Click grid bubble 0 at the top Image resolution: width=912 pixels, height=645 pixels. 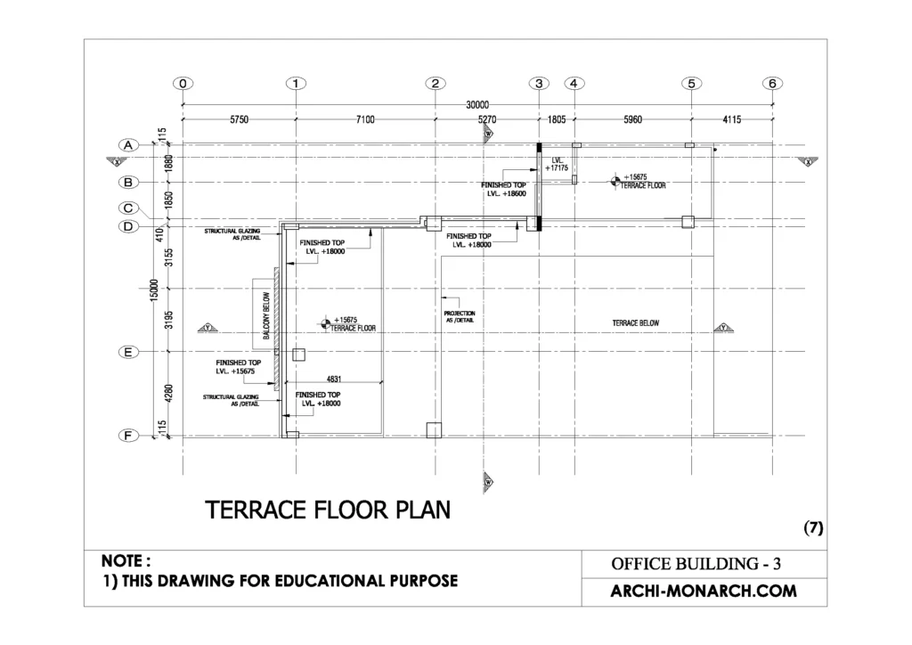[x=183, y=83]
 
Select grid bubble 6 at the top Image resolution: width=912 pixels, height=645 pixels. [x=772, y=83]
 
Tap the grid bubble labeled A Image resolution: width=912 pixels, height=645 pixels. [x=128, y=144]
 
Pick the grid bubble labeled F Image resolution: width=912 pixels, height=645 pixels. [x=128, y=436]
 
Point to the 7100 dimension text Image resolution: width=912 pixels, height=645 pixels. [x=365, y=118]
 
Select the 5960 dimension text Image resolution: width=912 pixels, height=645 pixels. [x=631, y=118]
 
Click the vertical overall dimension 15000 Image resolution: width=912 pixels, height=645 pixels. [x=154, y=289]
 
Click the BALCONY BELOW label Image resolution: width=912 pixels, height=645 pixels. [x=265, y=318]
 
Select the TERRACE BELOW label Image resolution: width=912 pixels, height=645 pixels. [x=636, y=322]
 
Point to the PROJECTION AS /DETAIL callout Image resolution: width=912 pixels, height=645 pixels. [x=460, y=317]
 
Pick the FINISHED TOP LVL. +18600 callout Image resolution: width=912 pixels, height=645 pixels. [x=504, y=189]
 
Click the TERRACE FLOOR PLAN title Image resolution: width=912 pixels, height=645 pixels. [x=328, y=510]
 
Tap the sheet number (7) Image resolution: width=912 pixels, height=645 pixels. [x=813, y=527]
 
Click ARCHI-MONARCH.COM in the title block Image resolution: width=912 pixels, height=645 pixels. [x=703, y=591]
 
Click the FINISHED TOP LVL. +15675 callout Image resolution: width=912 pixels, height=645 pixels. [x=238, y=367]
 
